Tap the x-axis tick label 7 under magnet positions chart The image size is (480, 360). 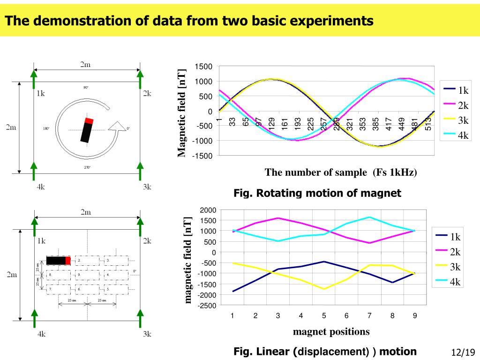click(369, 315)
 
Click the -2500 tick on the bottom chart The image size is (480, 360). click(206, 306)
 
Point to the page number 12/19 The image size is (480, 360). click(463, 352)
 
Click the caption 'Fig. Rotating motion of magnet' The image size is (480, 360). click(317, 193)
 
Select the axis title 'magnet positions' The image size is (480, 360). click(331, 332)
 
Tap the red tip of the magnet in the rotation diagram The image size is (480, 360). click(89, 121)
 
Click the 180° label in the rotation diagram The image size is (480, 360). click(46, 128)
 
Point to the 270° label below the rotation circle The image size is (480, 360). click(87, 167)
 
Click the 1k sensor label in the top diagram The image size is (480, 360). click(40, 93)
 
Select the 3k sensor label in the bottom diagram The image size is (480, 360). click(147, 334)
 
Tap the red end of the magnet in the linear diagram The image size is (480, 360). click(68, 261)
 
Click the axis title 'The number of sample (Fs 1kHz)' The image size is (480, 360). click(340, 172)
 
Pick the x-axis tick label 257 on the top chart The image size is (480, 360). click(323, 124)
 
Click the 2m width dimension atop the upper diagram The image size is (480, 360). click(85, 65)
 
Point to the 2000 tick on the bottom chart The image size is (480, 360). click(206, 210)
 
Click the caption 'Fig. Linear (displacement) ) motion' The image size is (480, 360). click(325, 352)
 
